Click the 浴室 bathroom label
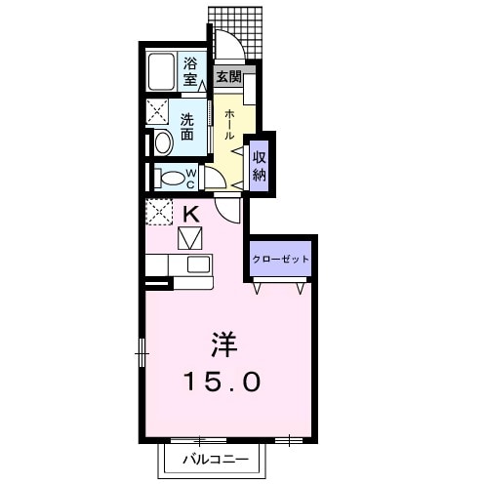point(192,72)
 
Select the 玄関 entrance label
point(228,76)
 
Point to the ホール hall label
point(229,125)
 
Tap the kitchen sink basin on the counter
point(198,264)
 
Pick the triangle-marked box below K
point(189,237)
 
